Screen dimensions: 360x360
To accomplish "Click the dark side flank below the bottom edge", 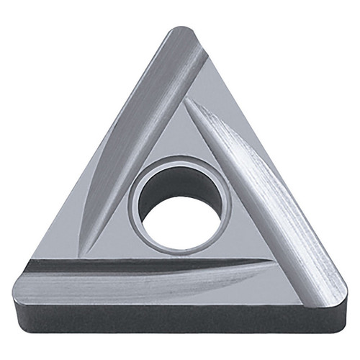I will pos(180,317).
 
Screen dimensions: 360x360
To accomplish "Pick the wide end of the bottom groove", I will pos(36,277).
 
